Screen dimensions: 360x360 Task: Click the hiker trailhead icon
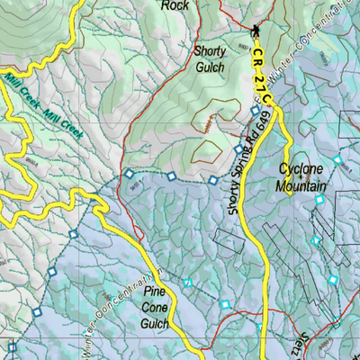256,31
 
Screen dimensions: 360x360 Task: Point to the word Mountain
301,186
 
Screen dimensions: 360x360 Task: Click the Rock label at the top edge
176,5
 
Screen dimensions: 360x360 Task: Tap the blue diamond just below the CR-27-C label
256,112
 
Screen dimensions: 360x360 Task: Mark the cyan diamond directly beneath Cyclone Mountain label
318,201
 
